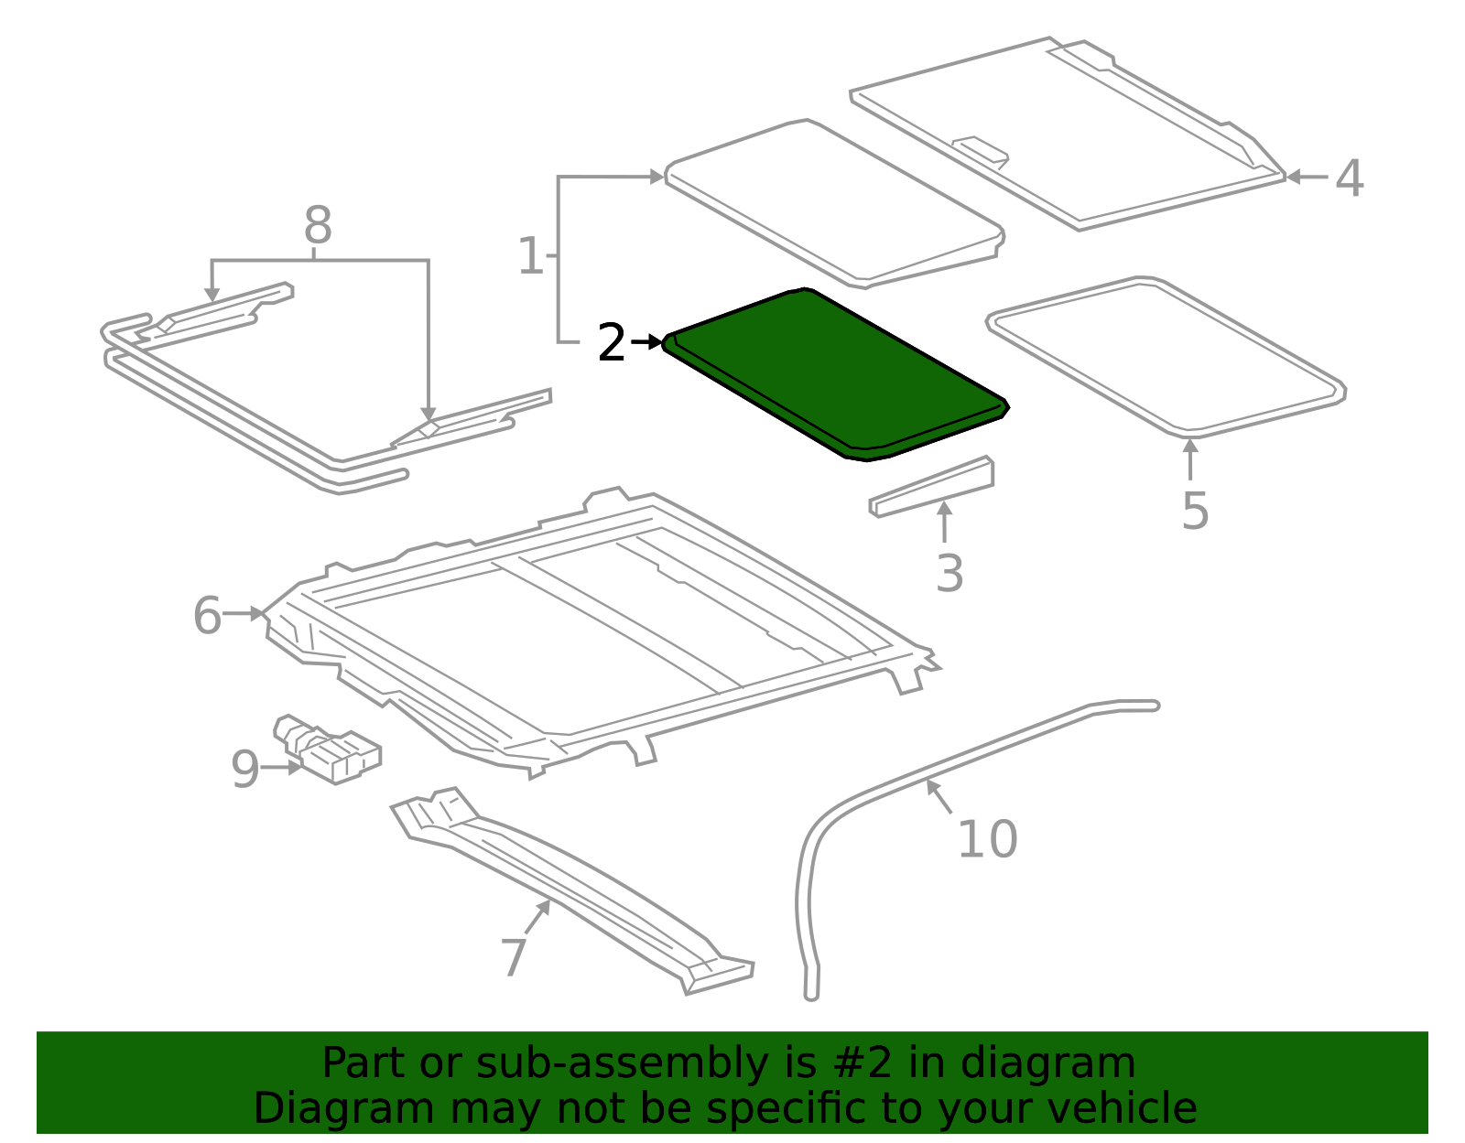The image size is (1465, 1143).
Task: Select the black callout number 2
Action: tap(611, 343)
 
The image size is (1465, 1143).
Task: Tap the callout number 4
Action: tap(1349, 178)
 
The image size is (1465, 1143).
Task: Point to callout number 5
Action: tap(1195, 511)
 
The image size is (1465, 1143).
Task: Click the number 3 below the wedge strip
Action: tap(950, 574)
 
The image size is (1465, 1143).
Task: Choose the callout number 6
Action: tap(208, 615)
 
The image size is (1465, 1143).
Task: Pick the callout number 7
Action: tap(514, 957)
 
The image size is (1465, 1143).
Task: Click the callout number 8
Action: tap(317, 224)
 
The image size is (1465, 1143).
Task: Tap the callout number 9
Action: tap(245, 770)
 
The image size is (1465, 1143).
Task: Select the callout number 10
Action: tap(987, 839)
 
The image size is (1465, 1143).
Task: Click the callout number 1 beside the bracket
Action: tap(530, 256)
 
